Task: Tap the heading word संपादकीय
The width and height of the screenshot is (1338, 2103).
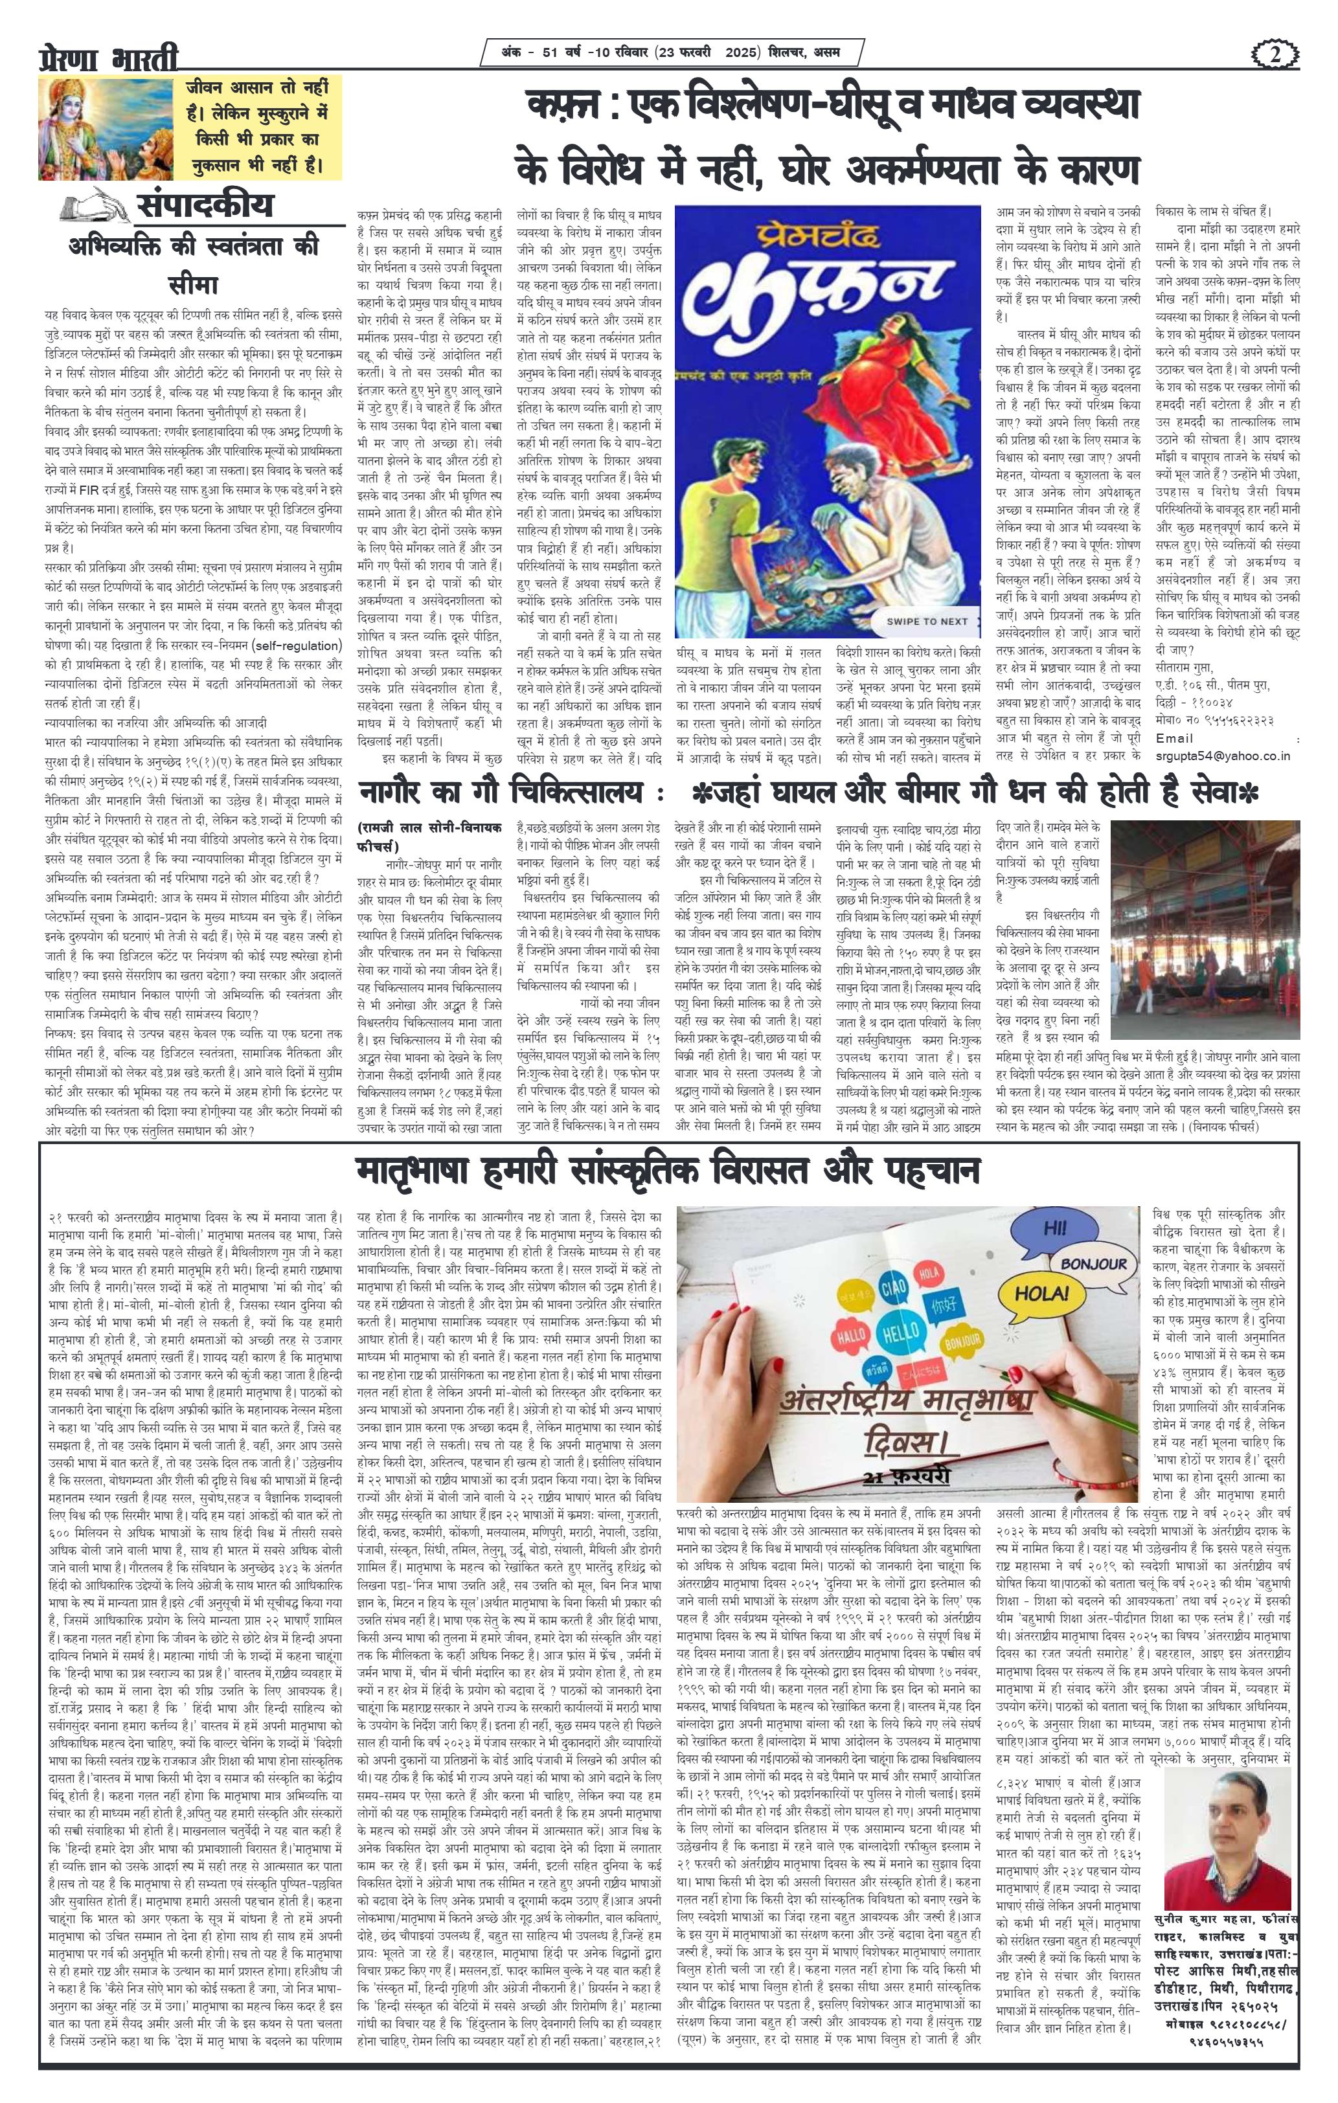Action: (205, 206)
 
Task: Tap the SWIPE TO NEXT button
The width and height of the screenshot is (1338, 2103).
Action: (927, 621)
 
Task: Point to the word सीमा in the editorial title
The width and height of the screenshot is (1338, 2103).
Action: (193, 285)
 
